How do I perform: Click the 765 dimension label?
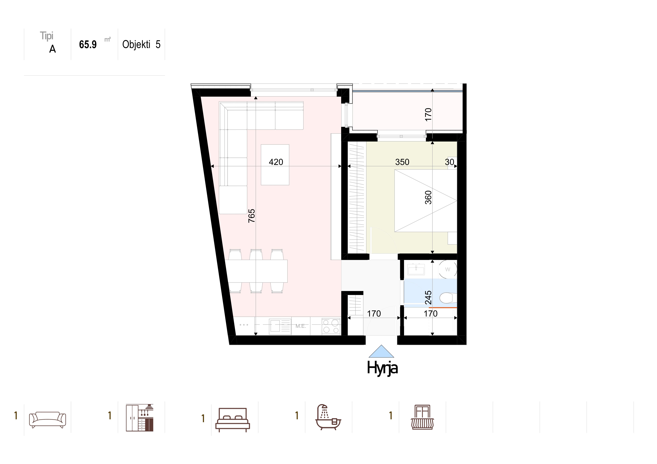251,216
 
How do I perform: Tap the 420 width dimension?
276,162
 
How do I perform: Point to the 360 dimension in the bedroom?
428,197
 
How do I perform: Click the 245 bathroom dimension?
428,297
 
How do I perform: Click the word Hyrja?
382,368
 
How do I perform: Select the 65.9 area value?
88,45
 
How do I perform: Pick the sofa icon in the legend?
48,420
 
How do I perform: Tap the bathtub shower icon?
328,417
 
